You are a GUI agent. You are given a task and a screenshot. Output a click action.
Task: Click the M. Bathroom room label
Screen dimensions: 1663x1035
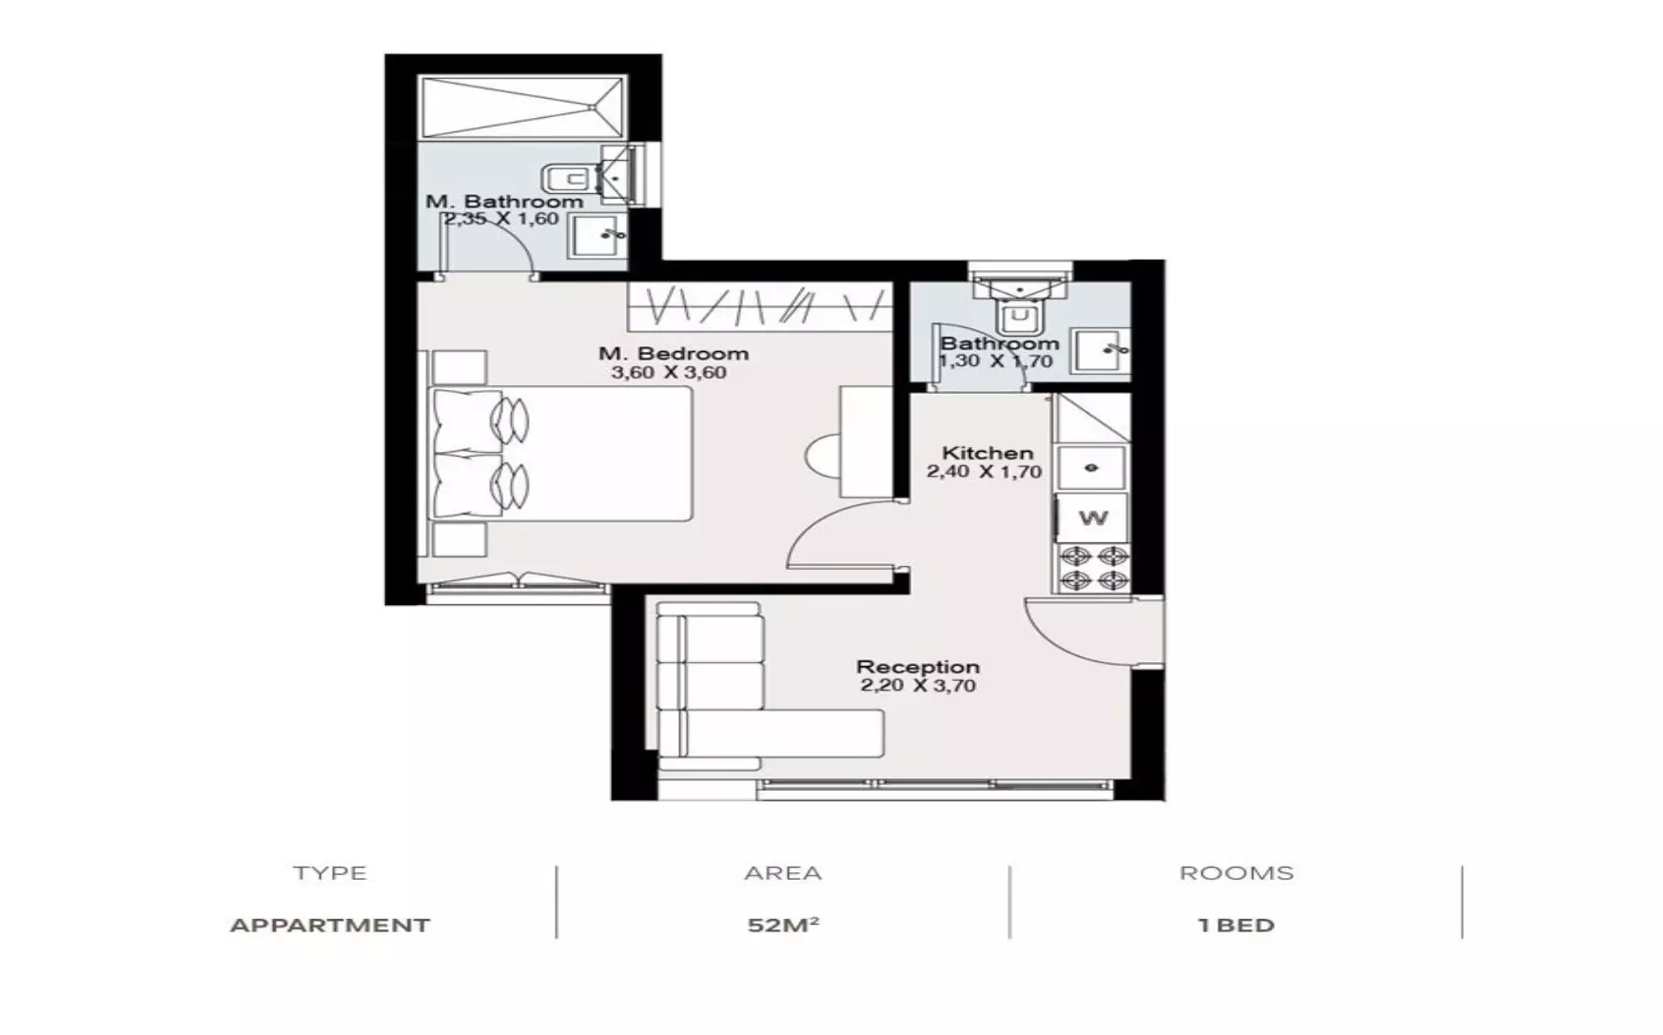coord(504,202)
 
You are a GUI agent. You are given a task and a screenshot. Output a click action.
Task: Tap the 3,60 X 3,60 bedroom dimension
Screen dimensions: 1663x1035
coord(668,373)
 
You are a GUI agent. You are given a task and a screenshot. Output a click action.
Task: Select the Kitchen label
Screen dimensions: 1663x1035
coord(987,453)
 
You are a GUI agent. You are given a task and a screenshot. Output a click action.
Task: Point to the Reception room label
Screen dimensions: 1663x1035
coord(917,667)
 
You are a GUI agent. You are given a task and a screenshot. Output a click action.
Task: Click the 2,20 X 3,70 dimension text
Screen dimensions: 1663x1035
coord(917,686)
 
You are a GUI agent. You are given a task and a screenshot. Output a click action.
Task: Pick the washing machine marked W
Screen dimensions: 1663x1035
coord(1093,518)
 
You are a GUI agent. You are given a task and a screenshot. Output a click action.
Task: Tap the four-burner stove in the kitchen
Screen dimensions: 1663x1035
coord(1093,569)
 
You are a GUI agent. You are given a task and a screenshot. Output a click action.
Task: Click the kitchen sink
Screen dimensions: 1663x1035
coord(1092,468)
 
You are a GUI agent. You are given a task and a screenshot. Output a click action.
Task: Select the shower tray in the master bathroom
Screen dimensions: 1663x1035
coord(522,108)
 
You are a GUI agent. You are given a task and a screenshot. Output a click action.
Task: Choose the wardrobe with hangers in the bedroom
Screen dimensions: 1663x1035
coord(759,305)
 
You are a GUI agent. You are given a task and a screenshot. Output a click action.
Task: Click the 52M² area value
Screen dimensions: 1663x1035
coord(783,925)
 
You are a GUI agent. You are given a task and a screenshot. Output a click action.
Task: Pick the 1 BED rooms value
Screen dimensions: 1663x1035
coord(1236,925)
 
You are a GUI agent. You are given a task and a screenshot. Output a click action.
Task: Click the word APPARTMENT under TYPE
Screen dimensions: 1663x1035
coord(330,925)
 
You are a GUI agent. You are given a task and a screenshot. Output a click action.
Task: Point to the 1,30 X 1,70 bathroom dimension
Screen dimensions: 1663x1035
coord(995,361)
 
